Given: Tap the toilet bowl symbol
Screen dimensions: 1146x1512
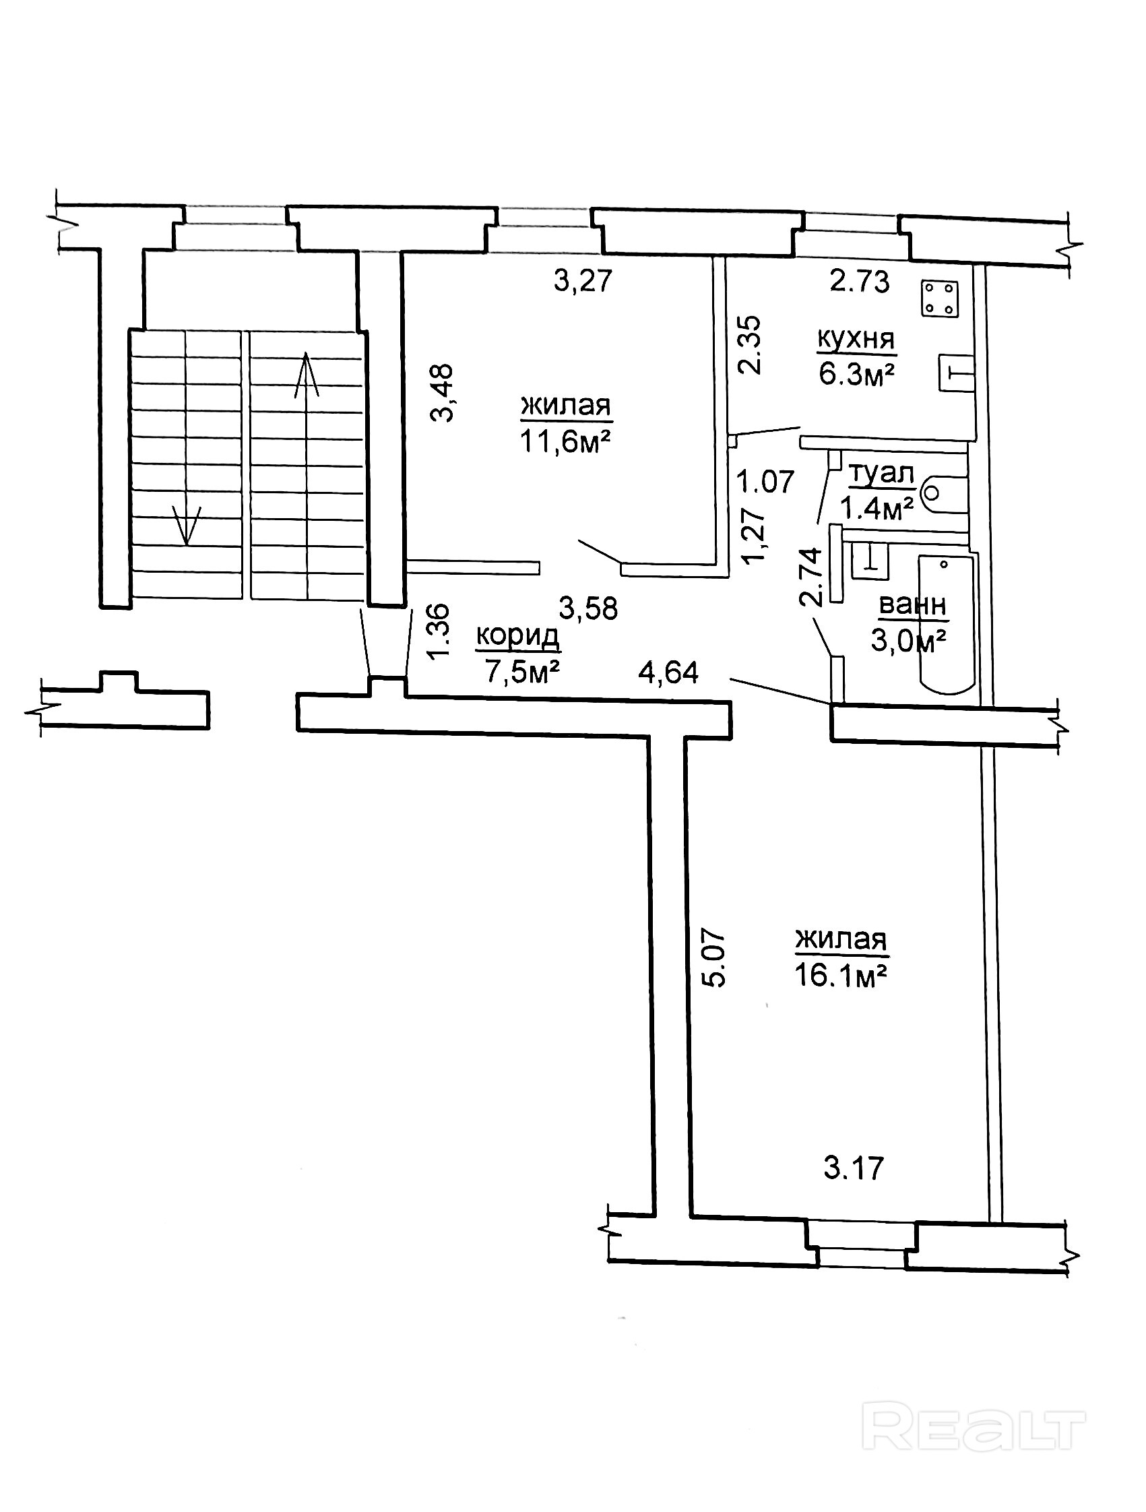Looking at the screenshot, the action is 944,493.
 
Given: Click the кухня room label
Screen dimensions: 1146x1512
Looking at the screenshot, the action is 856,339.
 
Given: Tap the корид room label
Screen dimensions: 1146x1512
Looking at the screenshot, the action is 517,636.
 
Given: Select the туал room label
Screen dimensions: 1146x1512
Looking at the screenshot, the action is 881,474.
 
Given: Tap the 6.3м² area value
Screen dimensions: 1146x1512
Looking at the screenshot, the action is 857,374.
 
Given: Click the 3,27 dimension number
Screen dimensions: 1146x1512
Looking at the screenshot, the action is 582,281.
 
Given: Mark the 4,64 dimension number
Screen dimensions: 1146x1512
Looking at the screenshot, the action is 668,672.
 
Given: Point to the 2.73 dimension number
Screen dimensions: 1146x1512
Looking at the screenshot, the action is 860,281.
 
